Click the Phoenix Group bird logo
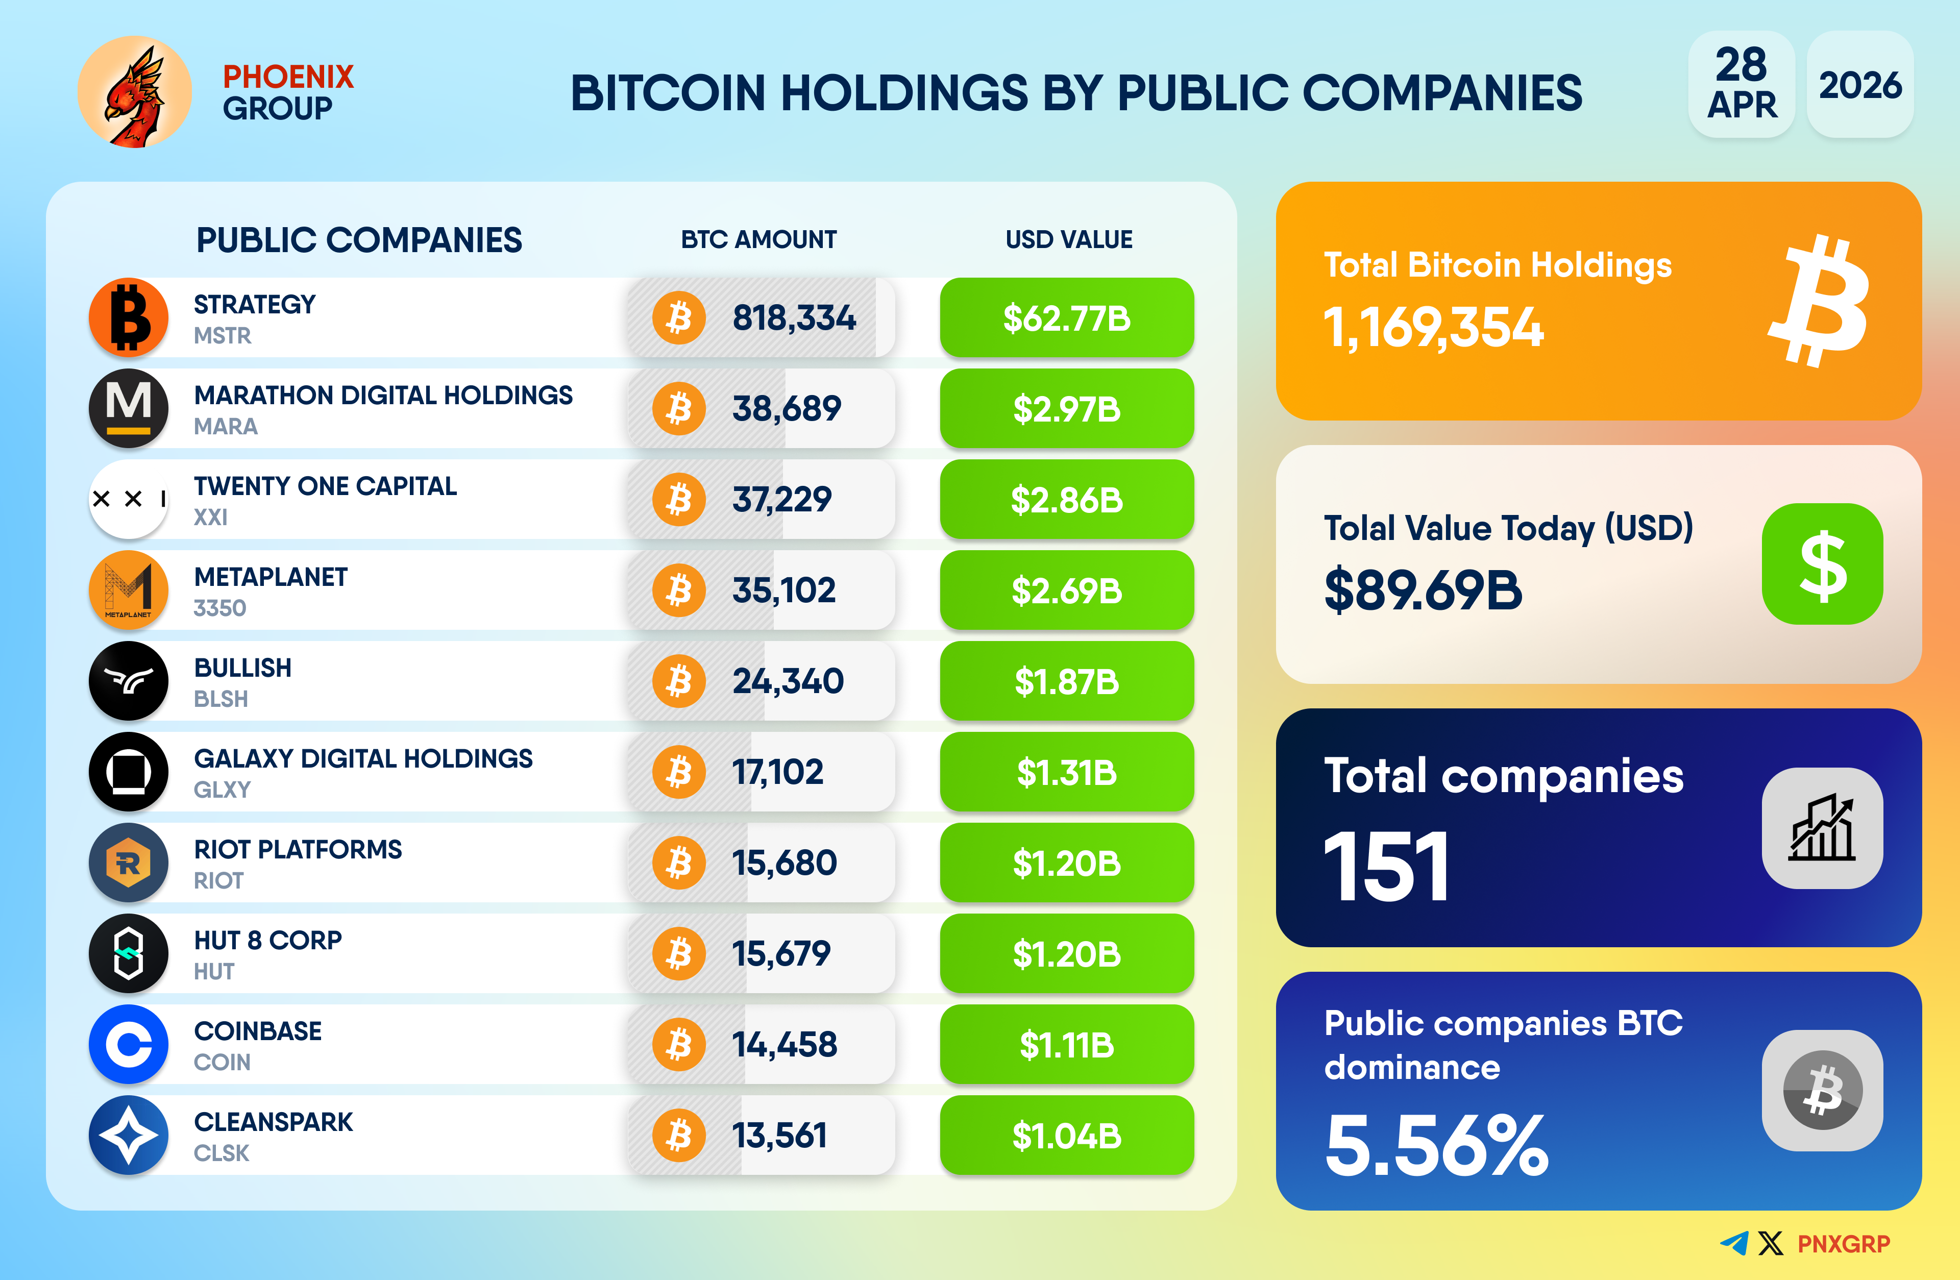click(134, 92)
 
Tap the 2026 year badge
click(1859, 85)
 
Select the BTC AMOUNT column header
click(758, 240)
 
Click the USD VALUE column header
click(1068, 240)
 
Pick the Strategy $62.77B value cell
click(1066, 318)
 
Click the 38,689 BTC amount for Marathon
click(787, 408)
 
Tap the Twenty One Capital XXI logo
click(129, 499)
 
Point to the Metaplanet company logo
click(129, 590)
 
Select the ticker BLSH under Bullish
click(220, 699)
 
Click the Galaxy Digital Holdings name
click(363, 758)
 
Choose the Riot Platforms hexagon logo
click(129, 863)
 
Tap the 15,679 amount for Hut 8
click(781, 954)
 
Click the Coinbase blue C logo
click(129, 1044)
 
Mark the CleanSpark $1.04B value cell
click(1066, 1136)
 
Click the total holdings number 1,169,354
click(1433, 328)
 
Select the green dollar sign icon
click(1822, 564)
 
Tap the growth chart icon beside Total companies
click(1822, 828)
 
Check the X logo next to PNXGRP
click(1770, 1243)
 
